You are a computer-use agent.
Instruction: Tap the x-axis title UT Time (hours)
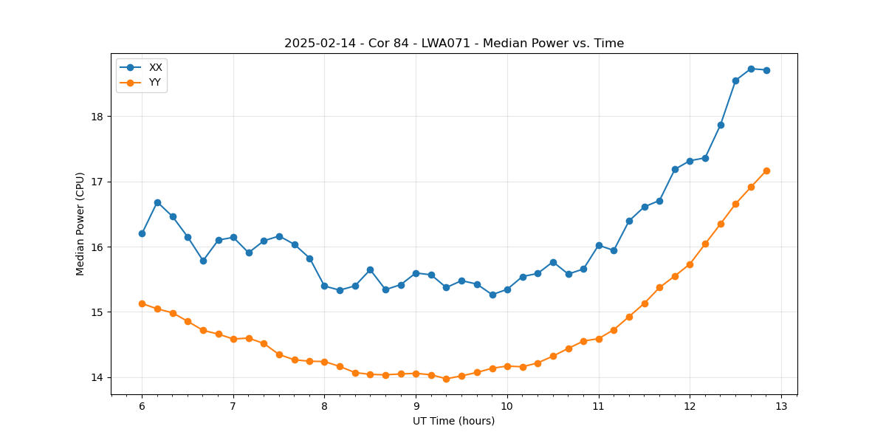[x=453, y=421]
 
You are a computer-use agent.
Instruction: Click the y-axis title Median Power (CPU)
[x=80, y=224]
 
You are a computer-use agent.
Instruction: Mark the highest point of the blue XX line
[x=751, y=69]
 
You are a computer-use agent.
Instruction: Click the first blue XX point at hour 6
[x=142, y=233]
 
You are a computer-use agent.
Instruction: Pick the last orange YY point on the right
[x=766, y=171]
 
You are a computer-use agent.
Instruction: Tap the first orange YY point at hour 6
[x=142, y=303]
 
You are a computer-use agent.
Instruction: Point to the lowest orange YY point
[x=446, y=379]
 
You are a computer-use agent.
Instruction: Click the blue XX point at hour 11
[x=599, y=245]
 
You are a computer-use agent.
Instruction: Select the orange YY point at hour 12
[x=690, y=264]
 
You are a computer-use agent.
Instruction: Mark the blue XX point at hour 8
[x=324, y=286]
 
